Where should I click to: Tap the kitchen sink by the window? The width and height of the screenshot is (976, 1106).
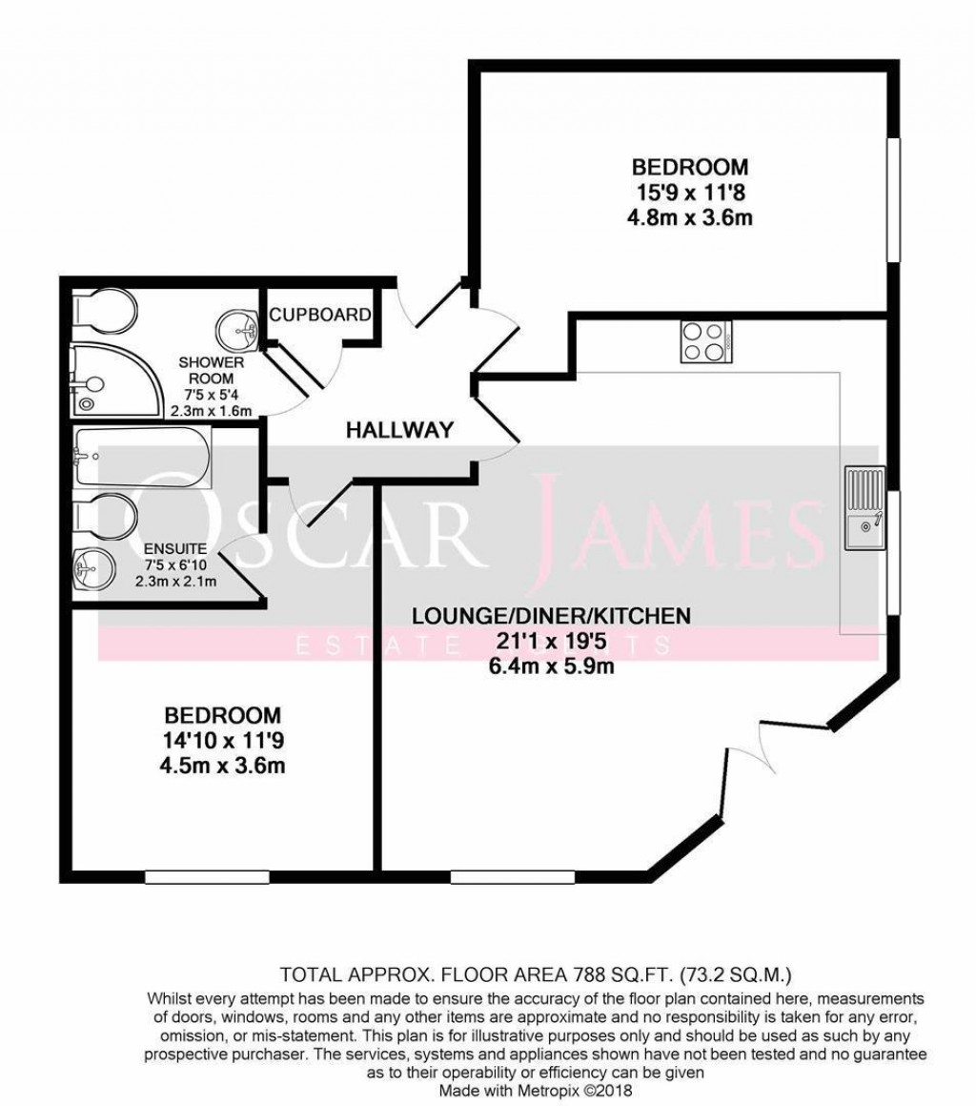click(864, 510)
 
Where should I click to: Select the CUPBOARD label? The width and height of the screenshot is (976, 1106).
click(319, 316)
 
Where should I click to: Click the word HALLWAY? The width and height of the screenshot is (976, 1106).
click(398, 430)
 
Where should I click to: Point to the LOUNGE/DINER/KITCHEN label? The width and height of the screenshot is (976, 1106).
click(551, 615)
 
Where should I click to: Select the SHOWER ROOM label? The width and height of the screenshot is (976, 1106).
click(212, 371)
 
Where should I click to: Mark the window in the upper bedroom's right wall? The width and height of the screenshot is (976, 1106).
click(894, 199)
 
